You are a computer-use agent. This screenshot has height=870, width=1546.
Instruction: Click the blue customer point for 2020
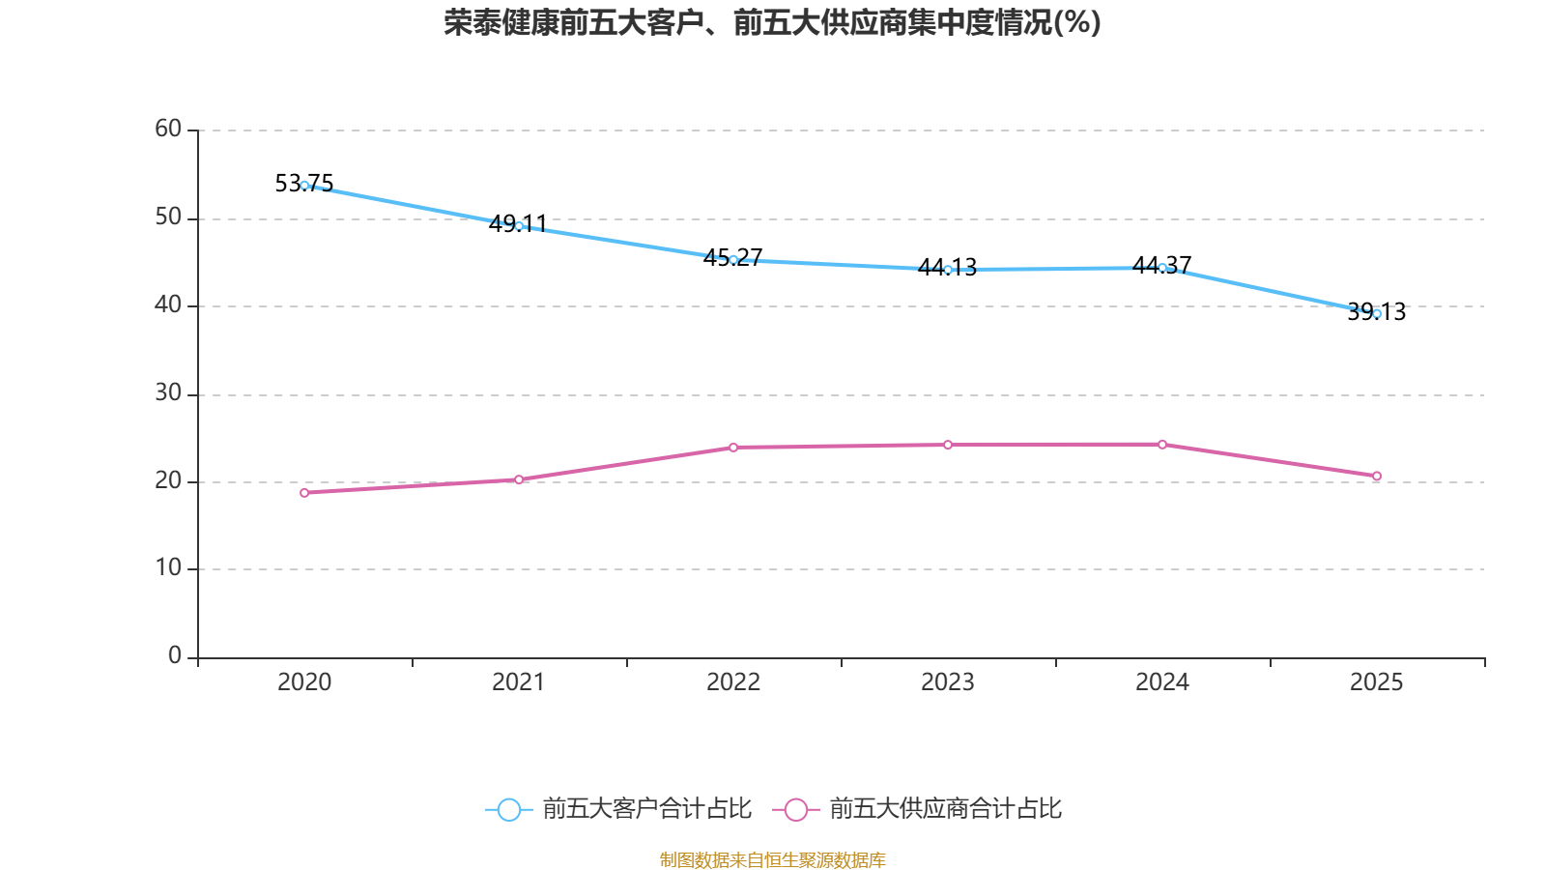(304, 186)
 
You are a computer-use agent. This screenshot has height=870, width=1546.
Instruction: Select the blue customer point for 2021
(519, 226)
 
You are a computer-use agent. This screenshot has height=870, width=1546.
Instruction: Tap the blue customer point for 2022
(733, 260)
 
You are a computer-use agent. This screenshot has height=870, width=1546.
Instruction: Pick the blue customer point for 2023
(948, 270)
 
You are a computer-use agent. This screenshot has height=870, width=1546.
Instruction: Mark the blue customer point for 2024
(1162, 268)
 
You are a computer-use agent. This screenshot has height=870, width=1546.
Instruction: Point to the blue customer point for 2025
(1377, 313)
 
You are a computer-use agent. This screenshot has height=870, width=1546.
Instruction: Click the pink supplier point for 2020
(304, 493)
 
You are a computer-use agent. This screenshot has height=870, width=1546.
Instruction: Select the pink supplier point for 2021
(519, 479)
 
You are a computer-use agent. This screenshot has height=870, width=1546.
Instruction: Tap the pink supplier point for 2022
(733, 448)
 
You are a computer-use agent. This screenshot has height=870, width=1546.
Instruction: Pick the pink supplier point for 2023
(948, 445)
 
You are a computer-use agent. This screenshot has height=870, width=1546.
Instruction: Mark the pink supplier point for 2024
(1162, 445)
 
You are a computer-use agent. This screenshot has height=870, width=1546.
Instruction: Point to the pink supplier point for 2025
(1377, 476)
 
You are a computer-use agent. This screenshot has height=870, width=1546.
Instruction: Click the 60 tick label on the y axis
(168, 129)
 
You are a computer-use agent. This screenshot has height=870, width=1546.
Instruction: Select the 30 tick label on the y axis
(168, 392)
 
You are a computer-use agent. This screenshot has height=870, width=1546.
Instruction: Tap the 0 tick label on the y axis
(175, 655)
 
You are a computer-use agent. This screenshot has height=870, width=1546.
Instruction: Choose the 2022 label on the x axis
(733, 682)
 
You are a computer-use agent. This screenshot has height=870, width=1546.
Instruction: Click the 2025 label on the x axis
(1376, 682)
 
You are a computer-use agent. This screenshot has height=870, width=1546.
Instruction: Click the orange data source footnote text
(773, 859)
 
